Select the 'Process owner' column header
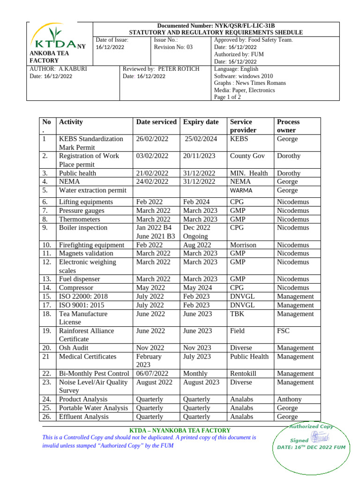pos(288,126)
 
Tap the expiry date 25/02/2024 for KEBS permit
pos(201,139)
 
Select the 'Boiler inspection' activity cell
pos(83,227)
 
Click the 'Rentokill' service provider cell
pos(244,374)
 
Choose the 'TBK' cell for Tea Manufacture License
pos(237,314)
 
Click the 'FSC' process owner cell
pos(283,330)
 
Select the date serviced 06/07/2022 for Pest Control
pos(152,374)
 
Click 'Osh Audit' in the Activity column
pos(74,348)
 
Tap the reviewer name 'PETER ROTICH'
pos(179,69)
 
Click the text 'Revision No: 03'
pos(173,47)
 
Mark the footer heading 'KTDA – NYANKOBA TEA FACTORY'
pos(180,430)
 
